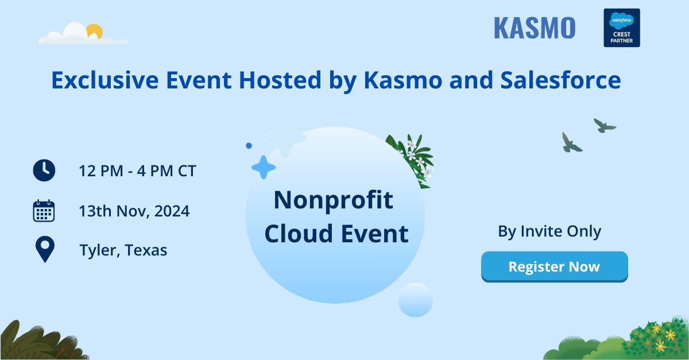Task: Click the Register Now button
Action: coord(554,266)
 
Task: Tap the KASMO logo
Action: coord(534,28)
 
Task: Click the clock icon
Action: coord(44,171)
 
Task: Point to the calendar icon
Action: coord(44,211)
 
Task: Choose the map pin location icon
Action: coord(44,250)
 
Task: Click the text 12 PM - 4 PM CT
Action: coord(137,171)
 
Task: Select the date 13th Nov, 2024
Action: coord(134,211)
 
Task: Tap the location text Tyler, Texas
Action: coord(123,250)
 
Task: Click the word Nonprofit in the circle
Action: coord(334,200)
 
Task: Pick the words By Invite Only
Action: coord(549,231)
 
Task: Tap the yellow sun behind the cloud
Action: coord(94,31)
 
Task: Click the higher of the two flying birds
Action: coord(603,125)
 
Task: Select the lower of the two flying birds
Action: coord(571,143)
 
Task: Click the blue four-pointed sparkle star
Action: coord(264,167)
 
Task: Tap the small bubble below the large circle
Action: coord(415,300)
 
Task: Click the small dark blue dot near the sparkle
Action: coord(249,146)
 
